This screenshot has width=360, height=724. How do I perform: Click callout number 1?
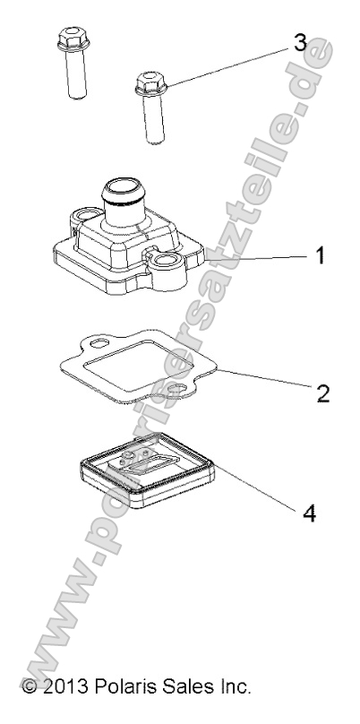(320, 255)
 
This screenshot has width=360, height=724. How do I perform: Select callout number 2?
(323, 393)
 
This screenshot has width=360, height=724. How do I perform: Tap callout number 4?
(309, 513)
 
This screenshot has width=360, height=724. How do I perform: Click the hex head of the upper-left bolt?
(73, 39)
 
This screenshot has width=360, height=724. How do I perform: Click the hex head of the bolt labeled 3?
(150, 83)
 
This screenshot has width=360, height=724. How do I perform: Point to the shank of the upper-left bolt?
(76, 73)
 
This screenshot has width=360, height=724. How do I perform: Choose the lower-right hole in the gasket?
(176, 392)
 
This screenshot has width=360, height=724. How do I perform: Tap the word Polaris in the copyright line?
(122, 686)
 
